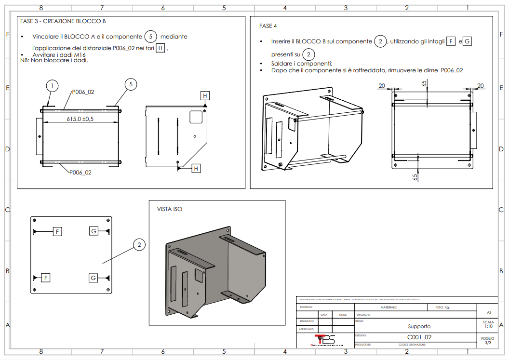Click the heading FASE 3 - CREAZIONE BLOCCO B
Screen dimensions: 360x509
63,21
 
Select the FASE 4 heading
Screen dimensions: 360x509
268,26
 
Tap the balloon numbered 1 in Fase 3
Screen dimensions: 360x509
52,86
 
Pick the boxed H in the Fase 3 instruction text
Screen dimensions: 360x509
161,48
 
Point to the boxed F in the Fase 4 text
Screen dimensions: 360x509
451,41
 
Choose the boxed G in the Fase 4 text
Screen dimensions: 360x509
467,41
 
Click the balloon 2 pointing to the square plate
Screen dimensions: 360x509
139,245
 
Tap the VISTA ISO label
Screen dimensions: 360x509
170,209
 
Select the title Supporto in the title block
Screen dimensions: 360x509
419,326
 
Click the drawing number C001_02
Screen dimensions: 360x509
419,337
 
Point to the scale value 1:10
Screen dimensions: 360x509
488,326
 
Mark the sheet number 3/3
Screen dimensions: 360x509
488,343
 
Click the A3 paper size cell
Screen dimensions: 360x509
488,313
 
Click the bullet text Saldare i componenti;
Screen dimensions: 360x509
302,64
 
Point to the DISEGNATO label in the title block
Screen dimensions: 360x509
307,321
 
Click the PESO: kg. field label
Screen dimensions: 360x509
442,307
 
